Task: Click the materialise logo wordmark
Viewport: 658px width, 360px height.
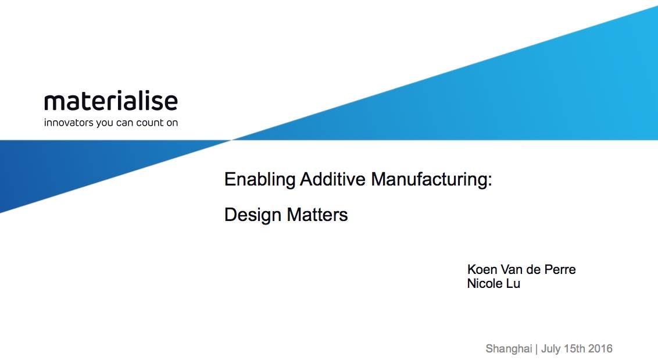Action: point(111,101)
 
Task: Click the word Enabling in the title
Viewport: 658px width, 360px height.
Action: point(260,180)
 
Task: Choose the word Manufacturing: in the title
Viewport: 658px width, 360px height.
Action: point(431,180)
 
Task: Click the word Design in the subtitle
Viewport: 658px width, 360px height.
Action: point(253,215)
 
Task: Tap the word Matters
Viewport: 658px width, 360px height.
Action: point(317,215)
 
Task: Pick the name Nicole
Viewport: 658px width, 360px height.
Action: point(485,284)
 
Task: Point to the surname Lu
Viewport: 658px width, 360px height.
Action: point(513,284)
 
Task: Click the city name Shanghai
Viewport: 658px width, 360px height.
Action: point(509,348)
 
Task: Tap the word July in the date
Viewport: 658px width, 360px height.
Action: point(550,348)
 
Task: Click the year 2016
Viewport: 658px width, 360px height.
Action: point(600,348)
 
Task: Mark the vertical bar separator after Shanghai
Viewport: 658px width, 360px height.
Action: point(537,348)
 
